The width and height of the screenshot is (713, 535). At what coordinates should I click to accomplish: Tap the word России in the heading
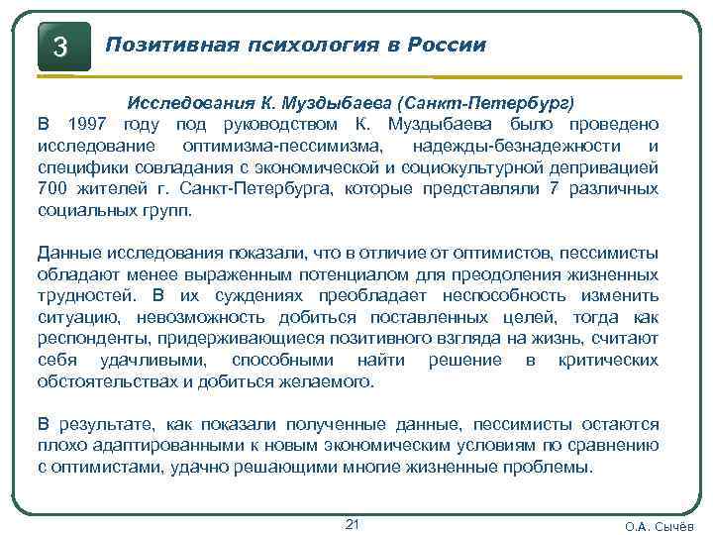pos(451,46)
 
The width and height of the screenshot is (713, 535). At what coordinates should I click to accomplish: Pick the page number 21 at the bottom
pos(352,522)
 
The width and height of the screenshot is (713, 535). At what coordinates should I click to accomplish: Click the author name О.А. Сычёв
pos(660,526)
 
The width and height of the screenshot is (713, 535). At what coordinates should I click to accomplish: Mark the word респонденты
pos(83,339)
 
